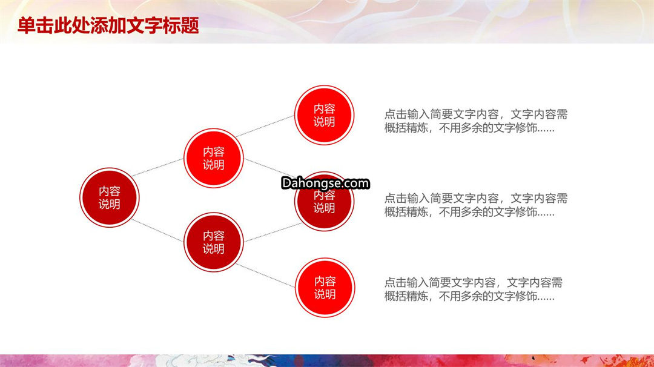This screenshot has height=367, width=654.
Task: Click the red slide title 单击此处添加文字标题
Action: [108, 25]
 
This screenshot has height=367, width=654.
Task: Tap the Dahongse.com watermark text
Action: [325, 183]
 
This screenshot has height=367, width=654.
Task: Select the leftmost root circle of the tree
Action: [109, 197]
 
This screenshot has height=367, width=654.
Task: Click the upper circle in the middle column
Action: [214, 158]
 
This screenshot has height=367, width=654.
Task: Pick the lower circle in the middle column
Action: [214, 242]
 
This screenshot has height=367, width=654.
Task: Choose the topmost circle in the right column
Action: [324, 115]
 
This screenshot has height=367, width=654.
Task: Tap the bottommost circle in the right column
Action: [325, 288]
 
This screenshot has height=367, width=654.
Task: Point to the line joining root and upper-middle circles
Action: [157, 167]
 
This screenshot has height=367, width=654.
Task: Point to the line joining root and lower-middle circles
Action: [157, 230]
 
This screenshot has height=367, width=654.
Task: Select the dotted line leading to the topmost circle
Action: [265, 126]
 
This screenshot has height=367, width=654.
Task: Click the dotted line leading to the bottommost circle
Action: [266, 275]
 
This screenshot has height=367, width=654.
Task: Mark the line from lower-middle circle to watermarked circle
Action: [273, 233]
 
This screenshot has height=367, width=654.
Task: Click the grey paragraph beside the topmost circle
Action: [476, 121]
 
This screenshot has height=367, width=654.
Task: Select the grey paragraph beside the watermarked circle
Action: [476, 205]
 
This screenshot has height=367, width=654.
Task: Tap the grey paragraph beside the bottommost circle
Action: [474, 289]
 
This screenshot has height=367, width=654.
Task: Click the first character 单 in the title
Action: [27, 25]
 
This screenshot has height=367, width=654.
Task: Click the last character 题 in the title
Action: [190, 25]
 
